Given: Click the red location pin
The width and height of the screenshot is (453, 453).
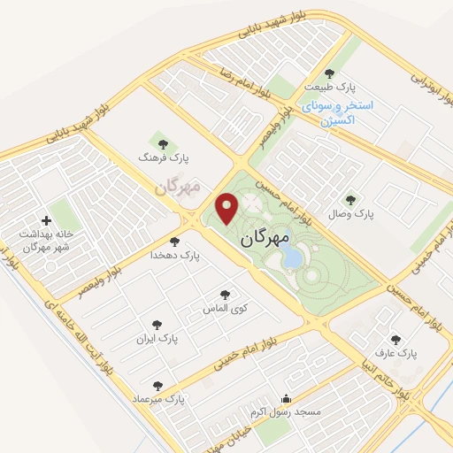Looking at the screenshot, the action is pyautogui.click(x=228, y=208).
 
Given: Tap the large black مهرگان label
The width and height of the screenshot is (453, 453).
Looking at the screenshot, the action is pyautogui.click(x=265, y=238).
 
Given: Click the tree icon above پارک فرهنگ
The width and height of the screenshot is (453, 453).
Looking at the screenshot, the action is pyautogui.click(x=160, y=141).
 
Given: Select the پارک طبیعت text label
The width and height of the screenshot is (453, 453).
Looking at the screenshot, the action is pyautogui.click(x=327, y=88).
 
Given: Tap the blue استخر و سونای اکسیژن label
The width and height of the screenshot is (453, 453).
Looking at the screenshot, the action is pyautogui.click(x=337, y=111).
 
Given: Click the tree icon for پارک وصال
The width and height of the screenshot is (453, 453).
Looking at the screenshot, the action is pyautogui.click(x=350, y=200).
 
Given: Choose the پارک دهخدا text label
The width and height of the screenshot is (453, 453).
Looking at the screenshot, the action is pyautogui.click(x=175, y=255).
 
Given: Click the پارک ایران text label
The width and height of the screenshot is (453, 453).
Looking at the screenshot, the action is pyautogui.click(x=157, y=338).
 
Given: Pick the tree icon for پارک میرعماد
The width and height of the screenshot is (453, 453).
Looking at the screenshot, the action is pyautogui.click(x=157, y=386).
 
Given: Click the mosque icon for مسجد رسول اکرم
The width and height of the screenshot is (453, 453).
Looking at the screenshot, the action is pyautogui.click(x=286, y=399).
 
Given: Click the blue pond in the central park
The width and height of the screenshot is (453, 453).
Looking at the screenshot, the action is pyautogui.click(x=289, y=257).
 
